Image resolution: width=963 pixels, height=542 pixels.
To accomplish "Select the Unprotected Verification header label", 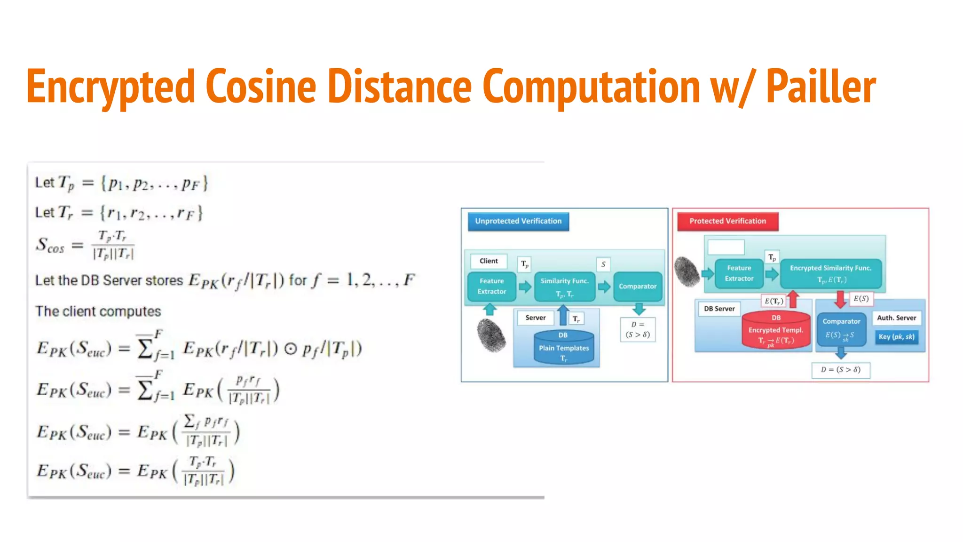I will coord(518,221).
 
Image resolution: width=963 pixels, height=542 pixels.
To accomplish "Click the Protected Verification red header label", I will coord(727,221).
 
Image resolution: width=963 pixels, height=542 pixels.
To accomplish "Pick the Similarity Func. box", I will coord(564,287).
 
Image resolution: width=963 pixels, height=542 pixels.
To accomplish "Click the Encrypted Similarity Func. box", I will coord(830,273).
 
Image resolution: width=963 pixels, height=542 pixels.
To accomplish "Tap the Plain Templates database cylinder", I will coord(564,348).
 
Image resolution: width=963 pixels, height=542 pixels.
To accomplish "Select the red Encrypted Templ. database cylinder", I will coord(776,330).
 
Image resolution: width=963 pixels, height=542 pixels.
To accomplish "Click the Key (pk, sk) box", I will coord(896,337).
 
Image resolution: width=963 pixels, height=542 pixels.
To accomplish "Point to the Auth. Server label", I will coord(896,318).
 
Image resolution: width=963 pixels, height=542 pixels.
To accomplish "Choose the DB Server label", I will coord(719,309).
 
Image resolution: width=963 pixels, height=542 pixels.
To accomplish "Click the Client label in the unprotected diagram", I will coord(489,261).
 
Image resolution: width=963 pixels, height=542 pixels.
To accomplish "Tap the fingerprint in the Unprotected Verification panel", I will coord(491,335).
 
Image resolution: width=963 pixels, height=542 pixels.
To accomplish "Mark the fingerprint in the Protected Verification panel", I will coord(687,271).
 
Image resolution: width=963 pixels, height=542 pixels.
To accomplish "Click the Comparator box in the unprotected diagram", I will coord(638,287).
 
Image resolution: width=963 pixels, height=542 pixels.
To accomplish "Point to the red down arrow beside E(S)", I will coord(840,299).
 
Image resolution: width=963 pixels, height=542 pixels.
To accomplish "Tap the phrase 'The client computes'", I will coord(98,311).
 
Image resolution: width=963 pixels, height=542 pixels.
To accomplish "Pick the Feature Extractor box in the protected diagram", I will coord(739,273).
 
